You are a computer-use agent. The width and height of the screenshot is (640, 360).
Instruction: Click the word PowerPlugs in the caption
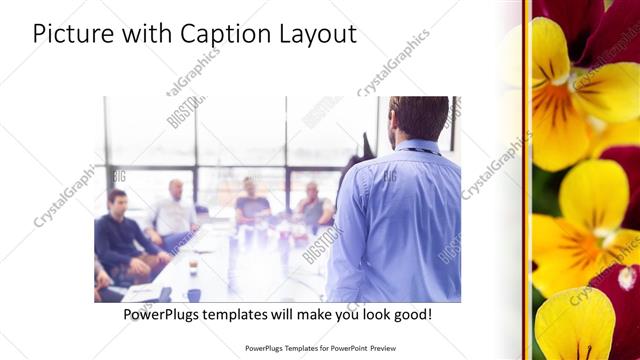[160, 314]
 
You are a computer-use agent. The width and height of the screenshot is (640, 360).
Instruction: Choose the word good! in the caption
[411, 314]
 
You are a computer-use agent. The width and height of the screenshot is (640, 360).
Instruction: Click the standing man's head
[418, 117]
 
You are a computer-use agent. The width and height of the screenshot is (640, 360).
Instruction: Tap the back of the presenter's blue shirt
[400, 220]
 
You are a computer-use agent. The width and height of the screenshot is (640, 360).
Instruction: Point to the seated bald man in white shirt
[175, 210]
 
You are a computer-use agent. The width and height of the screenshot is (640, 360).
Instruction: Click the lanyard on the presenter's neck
[420, 151]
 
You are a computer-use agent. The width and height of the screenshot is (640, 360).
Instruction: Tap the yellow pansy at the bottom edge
[575, 325]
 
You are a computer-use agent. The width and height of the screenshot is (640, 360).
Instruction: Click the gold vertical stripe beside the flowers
[527, 180]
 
